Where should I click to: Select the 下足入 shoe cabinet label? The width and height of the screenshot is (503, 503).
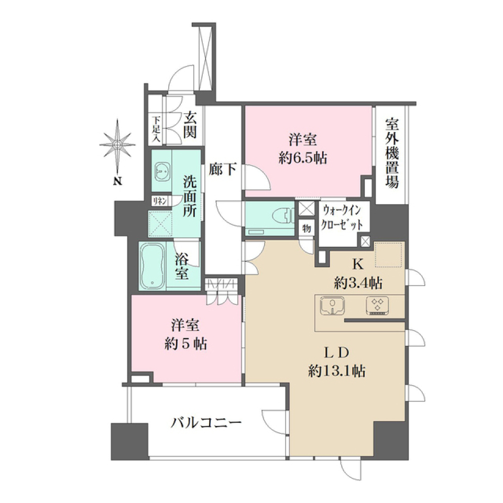click(x=156, y=129)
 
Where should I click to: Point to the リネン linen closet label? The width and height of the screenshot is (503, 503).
click(x=160, y=201)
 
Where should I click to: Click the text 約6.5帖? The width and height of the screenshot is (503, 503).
click(x=302, y=158)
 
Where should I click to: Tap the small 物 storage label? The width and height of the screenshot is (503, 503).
click(x=307, y=229)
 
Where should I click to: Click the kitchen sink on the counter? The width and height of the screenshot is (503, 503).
click(x=333, y=305)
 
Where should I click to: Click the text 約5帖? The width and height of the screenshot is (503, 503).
click(x=185, y=344)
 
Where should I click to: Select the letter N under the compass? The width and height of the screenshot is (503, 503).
click(x=118, y=182)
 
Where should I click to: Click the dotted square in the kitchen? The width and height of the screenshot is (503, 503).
click(x=388, y=255)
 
